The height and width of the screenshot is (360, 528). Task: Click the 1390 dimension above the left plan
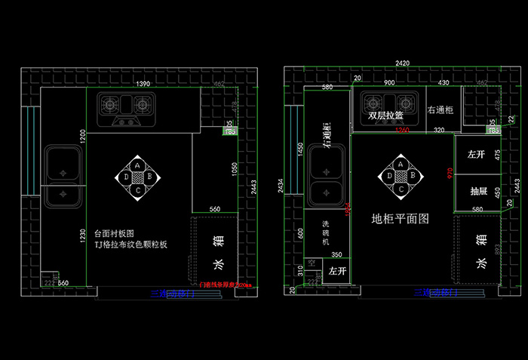coord(143,83)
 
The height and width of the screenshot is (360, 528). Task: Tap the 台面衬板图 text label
coord(114,234)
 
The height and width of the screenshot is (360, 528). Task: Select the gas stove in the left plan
coord(125,109)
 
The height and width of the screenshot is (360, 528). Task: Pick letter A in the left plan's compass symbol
coord(137,164)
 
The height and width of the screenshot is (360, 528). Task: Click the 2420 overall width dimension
coord(402,63)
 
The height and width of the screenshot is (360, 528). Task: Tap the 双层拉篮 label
coord(385,116)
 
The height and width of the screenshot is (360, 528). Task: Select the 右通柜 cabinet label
coord(440,110)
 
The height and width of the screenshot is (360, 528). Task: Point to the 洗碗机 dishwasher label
coord(326,232)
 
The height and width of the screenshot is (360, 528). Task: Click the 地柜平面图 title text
coord(401,220)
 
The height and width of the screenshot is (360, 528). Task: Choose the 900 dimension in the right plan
coord(390,82)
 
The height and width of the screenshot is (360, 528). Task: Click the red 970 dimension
coord(450,173)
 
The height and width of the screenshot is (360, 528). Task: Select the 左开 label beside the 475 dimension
coord(476,155)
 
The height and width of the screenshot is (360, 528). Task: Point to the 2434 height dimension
coord(281,186)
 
